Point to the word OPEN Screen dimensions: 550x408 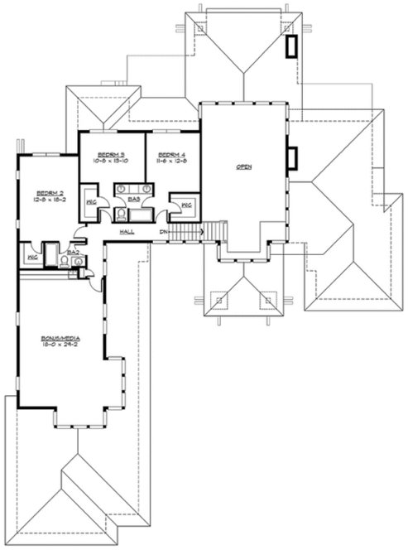tap(244, 167)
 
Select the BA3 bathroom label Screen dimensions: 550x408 tap(133, 200)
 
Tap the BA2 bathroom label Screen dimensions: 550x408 tap(73, 251)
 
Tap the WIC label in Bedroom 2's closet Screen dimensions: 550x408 tap(31, 258)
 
